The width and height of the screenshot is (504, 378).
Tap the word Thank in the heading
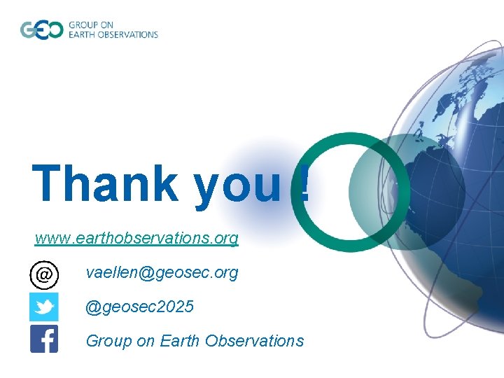coord(105,183)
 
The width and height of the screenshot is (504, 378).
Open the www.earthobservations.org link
coord(136,238)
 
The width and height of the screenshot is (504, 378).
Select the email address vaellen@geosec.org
coord(162,272)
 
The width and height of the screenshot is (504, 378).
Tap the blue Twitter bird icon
coord(43,307)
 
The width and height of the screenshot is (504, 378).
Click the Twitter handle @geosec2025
coord(140,307)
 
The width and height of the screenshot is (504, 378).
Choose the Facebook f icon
coord(43,339)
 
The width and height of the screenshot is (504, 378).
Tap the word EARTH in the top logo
coord(82,34)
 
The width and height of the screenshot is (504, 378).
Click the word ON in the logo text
coord(106,25)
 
